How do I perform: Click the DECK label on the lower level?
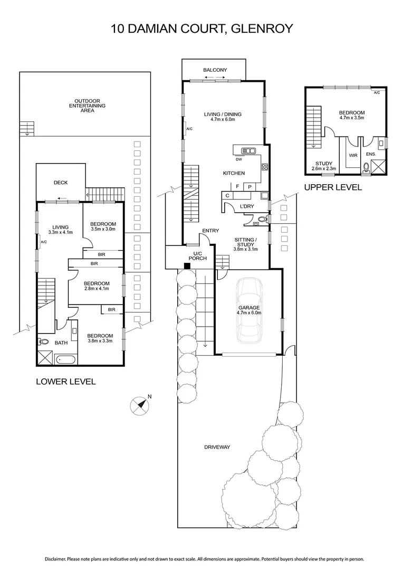61,183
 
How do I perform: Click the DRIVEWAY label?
217,447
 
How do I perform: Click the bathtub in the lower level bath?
65,359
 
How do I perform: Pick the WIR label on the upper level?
353,155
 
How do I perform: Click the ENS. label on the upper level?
370,155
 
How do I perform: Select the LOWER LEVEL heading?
65,381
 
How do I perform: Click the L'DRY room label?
247,206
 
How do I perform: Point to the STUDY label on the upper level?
323,164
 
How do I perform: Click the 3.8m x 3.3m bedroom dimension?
100,341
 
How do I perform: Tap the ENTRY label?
210,231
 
